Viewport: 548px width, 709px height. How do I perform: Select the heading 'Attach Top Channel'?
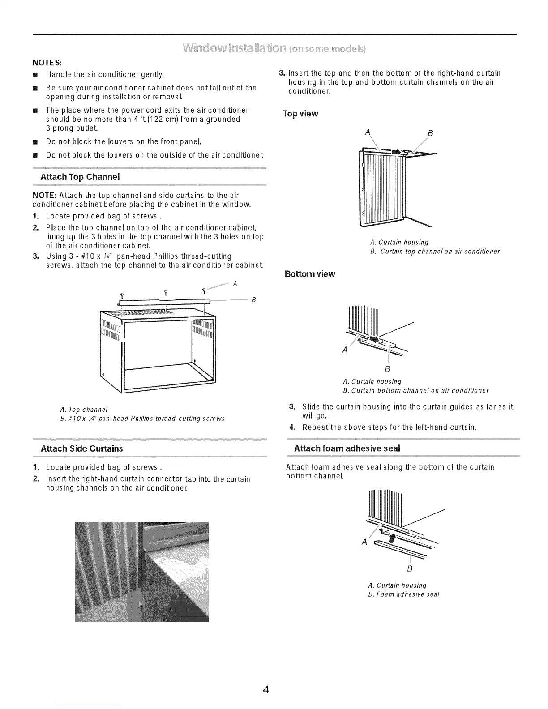pyautogui.click(x=80, y=177)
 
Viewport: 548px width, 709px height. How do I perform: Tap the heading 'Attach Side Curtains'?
pyautogui.click(x=81, y=448)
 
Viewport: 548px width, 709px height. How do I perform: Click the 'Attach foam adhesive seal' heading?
pyautogui.click(x=347, y=448)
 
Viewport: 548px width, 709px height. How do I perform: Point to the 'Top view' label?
pyautogui.click(x=300, y=114)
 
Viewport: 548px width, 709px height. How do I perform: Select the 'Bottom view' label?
pyautogui.click(x=310, y=274)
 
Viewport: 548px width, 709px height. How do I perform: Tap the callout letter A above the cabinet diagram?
pyautogui.click(x=235, y=284)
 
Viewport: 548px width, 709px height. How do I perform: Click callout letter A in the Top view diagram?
pyautogui.click(x=368, y=132)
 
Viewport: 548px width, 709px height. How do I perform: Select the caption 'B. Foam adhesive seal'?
pyautogui.click(x=403, y=594)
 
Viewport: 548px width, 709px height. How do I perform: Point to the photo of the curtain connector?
pyautogui.click(x=142, y=572)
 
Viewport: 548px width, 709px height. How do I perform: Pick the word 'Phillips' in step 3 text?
pyautogui.click(x=167, y=256)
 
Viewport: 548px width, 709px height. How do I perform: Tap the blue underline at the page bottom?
pyautogui.click(x=89, y=705)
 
